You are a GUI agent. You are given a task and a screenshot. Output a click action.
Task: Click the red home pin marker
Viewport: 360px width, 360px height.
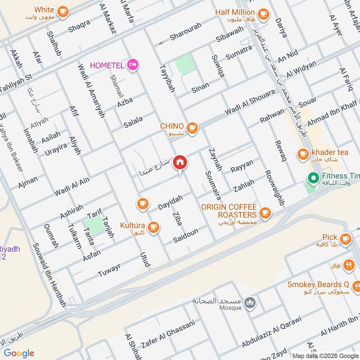(x=180, y=162)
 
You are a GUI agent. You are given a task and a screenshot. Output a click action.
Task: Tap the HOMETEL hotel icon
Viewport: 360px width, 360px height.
(x=133, y=65)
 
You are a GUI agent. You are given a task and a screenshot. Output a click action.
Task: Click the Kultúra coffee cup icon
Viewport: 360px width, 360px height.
(x=154, y=226)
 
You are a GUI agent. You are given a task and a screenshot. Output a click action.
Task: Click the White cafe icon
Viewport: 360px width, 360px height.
(x=63, y=10)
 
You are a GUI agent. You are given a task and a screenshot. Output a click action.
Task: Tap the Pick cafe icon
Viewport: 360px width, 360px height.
(x=346, y=238)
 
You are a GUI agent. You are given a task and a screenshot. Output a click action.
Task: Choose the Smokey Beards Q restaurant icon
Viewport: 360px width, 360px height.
(x=357, y=285)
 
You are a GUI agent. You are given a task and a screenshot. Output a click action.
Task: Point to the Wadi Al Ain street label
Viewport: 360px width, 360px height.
(x=72, y=186)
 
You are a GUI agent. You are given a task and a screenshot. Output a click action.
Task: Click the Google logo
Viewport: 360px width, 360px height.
(x=19, y=353)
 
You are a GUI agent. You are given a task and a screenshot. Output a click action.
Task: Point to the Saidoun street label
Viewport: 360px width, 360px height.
(x=186, y=235)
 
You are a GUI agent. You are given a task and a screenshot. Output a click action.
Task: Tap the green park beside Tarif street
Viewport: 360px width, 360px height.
(x=94, y=224)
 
